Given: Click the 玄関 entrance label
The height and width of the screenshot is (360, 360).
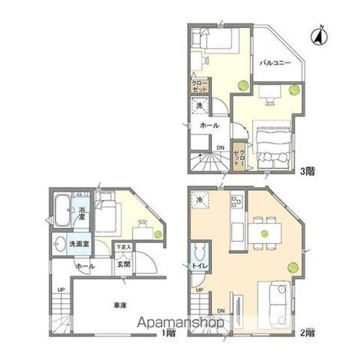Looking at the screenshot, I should coord(123,264).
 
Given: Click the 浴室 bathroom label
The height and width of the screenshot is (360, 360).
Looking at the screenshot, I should coord(80,214).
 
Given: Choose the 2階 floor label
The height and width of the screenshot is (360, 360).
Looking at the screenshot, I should coord(307,331).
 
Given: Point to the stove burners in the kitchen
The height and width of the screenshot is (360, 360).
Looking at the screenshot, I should coord(236,202).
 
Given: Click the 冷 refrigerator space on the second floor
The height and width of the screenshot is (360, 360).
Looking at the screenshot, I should coord(199,199).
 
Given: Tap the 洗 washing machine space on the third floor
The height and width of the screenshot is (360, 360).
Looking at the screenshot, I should coord(199,106).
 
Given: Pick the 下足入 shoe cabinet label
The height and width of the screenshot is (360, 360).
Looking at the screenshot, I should coord(123,247).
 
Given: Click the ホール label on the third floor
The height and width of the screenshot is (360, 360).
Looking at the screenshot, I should coord(208,126).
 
